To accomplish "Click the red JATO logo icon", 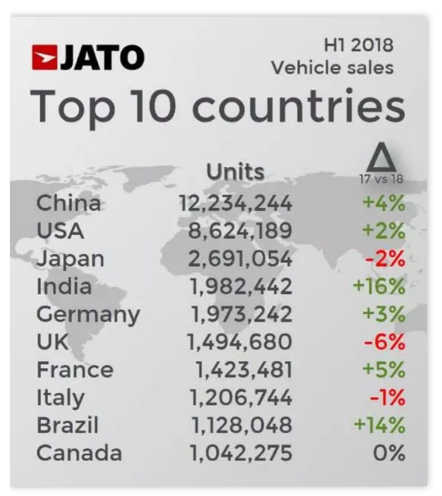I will coord(46,58).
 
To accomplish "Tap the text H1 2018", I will coord(358,46).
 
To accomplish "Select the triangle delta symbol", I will coord(381,159).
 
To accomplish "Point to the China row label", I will coord(68,202).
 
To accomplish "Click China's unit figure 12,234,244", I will coord(235,203).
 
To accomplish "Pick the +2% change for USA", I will coord(384,231).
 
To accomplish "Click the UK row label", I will coord(53,342).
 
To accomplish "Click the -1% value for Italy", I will coord(388,398).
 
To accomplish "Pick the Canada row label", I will coord(79,453).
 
